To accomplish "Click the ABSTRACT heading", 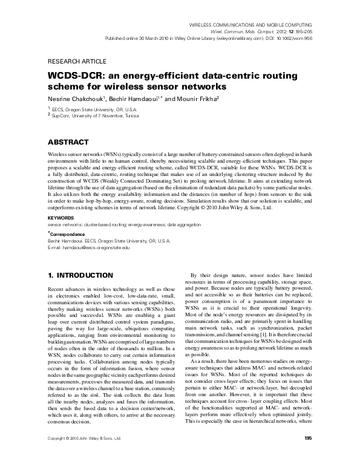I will [x=71, y=142].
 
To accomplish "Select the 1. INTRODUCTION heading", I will [x=80, y=275].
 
